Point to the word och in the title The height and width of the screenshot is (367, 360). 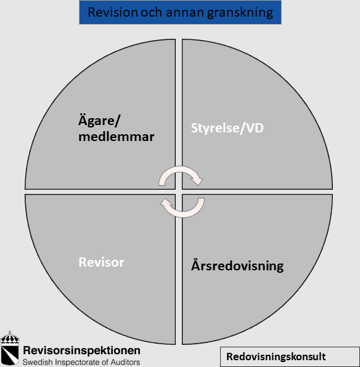point(152,12)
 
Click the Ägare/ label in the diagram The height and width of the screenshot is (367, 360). point(99,121)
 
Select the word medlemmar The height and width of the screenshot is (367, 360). point(117,137)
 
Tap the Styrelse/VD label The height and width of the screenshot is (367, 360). point(227,128)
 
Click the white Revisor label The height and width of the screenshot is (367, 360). point(101,262)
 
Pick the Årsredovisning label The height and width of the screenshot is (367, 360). point(237,265)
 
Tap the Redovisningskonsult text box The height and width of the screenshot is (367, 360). point(290,357)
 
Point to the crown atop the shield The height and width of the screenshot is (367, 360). point(10,337)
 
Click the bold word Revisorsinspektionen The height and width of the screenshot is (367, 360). point(81,350)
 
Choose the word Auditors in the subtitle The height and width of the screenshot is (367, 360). point(125,362)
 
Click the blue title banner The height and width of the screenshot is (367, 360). point(180,12)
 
